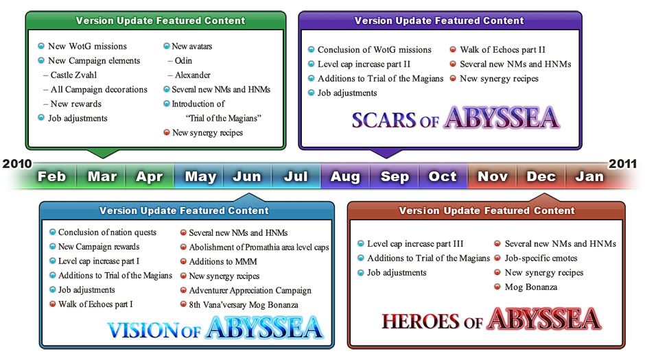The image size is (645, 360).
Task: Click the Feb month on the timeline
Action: pyautogui.click(x=52, y=177)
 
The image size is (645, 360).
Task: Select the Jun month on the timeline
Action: pyautogui.click(x=247, y=177)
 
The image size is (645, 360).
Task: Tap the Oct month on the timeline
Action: pyautogui.click(x=443, y=177)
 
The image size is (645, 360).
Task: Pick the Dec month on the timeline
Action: pyautogui.click(x=541, y=177)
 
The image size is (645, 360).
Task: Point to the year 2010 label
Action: pyautogui.click(x=17, y=164)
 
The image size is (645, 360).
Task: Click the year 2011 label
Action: pyautogui.click(x=623, y=164)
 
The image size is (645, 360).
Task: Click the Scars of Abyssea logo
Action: pyautogui.click(x=456, y=119)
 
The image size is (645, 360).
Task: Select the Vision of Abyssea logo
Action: pyautogui.click(x=215, y=328)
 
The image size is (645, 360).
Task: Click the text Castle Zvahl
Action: pyautogui.click(x=73, y=75)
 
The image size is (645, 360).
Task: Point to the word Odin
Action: pyautogui.click(x=183, y=61)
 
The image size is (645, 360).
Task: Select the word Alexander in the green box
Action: pyautogui.click(x=193, y=75)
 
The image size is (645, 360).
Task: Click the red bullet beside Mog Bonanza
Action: pyautogui.click(x=497, y=287)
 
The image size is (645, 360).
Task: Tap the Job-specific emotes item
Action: pyautogui.click(x=541, y=259)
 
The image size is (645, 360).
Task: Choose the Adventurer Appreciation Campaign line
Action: pyautogui.click(x=250, y=291)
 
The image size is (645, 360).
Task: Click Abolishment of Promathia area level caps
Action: pyautogui.click(x=259, y=248)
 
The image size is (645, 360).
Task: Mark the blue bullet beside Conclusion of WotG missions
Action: pyautogui.click(x=312, y=50)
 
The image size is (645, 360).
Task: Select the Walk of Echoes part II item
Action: pyautogui.click(x=503, y=50)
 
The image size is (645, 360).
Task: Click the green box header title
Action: pyautogui.click(x=161, y=21)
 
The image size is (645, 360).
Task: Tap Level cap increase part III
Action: pyautogui.click(x=415, y=244)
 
